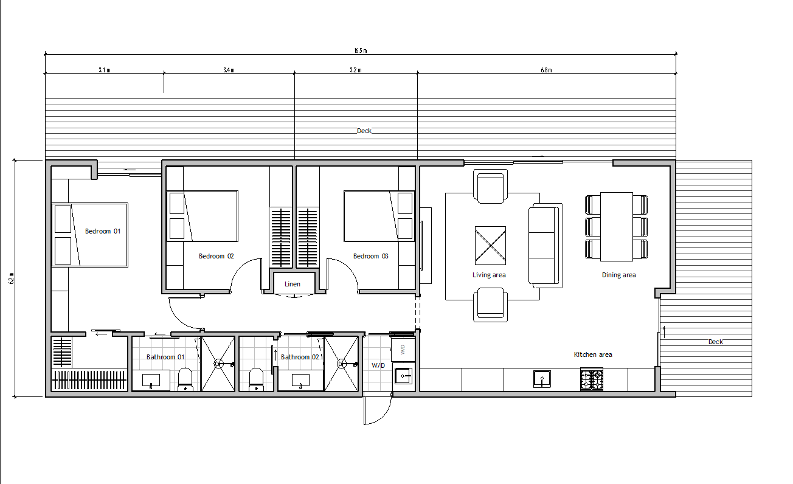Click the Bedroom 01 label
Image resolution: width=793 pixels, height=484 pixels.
tap(103, 231)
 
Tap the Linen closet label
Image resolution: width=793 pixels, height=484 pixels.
tap(293, 284)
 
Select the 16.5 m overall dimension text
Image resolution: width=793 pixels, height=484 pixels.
tap(360, 51)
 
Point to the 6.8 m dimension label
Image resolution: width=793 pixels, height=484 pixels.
tap(546, 71)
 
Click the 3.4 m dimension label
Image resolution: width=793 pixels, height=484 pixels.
tap(229, 71)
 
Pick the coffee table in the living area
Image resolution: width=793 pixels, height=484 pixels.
tap(490, 246)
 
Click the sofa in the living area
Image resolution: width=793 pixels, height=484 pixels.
tap(544, 246)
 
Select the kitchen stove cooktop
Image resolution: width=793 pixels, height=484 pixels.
tap(591, 380)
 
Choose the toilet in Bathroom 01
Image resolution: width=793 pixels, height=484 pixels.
tap(185, 379)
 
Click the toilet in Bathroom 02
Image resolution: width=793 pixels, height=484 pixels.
tap(256, 379)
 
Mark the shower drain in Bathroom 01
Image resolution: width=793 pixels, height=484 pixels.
tap(217, 364)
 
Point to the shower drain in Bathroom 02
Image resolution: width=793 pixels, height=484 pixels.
tap(342, 364)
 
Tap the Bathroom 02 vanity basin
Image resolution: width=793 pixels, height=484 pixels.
tap(301, 381)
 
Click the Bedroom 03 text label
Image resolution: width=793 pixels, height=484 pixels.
tap(370, 257)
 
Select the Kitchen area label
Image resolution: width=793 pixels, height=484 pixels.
tap(593, 354)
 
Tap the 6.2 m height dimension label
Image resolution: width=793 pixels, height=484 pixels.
tap(11, 278)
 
